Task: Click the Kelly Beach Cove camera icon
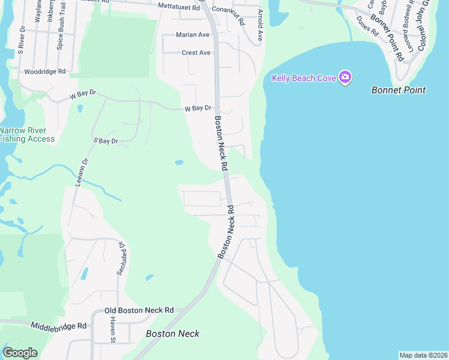point(345,77)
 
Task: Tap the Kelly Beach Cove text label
point(305,78)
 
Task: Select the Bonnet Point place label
point(399,90)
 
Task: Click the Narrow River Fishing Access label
point(27,134)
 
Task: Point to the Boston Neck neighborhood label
point(173,334)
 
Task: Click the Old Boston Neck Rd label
point(139,310)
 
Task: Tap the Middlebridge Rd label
point(59,326)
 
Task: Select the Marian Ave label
point(193,35)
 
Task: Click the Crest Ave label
point(196,53)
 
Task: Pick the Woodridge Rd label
point(44,71)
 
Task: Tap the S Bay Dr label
point(106,141)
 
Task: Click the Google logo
point(20,352)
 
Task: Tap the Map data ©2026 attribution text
point(423,355)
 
